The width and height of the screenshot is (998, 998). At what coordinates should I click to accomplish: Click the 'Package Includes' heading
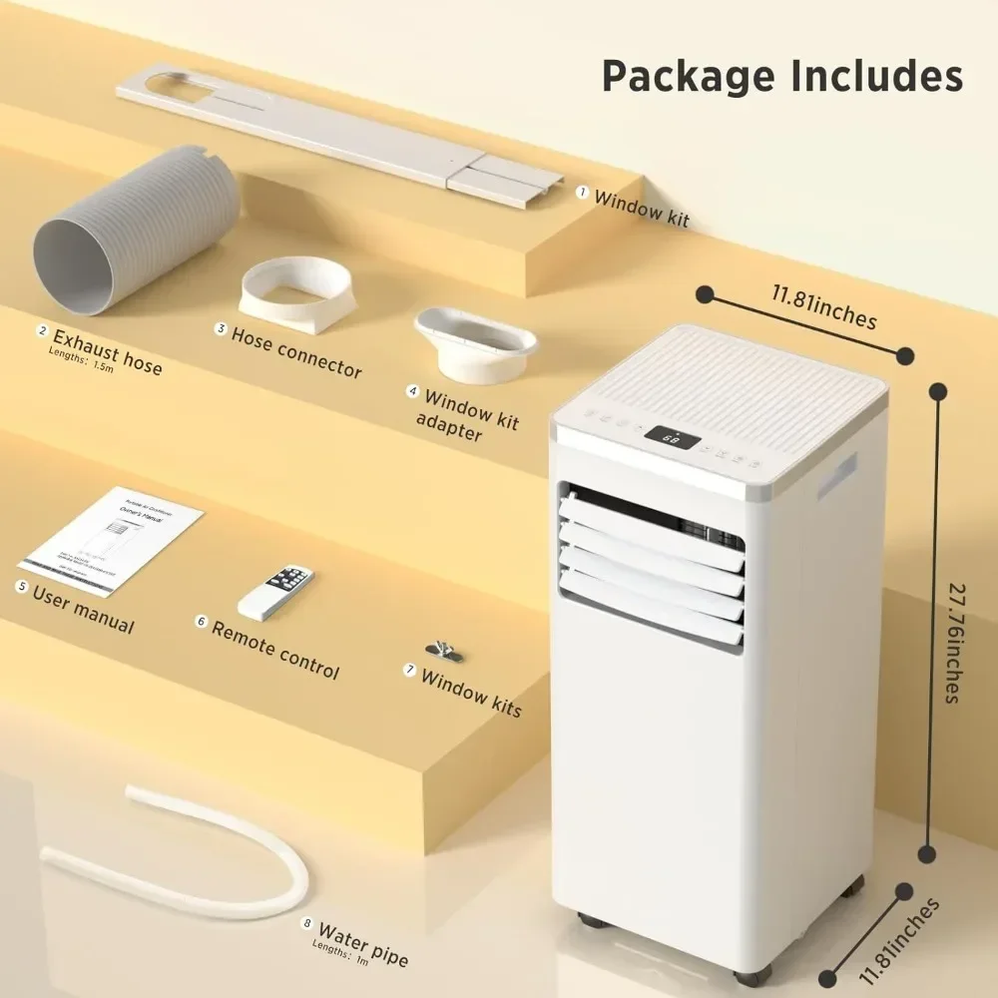(x=781, y=76)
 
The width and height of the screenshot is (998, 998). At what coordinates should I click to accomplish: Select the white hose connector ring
(x=296, y=294)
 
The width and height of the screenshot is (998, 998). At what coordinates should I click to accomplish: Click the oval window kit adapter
(x=475, y=344)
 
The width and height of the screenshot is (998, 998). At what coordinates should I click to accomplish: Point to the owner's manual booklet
(x=112, y=540)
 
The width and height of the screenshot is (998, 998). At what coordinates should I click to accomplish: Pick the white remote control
(x=275, y=592)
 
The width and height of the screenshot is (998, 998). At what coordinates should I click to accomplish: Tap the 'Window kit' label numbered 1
(x=641, y=208)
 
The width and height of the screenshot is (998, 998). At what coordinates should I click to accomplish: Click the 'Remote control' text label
(x=275, y=650)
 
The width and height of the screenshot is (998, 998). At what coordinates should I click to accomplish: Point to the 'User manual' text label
(x=83, y=608)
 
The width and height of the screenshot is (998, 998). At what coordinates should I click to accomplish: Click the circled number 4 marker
(x=412, y=391)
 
